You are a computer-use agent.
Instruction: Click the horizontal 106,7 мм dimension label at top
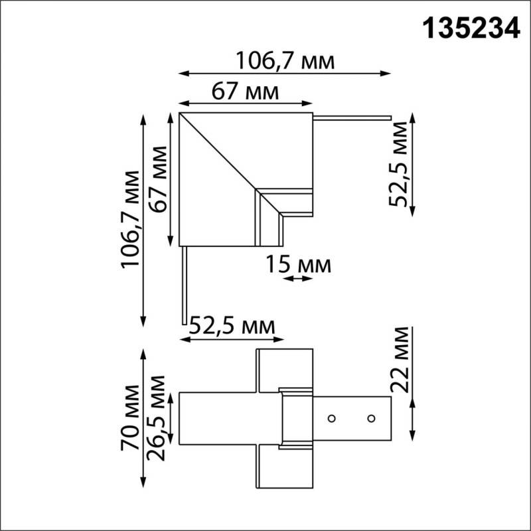tap(285, 61)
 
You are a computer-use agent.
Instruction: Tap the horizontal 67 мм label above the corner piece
tap(245, 91)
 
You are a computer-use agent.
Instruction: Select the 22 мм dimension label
tap(399, 360)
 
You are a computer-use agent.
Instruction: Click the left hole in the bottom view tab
tap(330, 418)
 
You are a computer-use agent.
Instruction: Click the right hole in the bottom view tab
tap(371, 418)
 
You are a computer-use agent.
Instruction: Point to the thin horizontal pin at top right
tap(352, 119)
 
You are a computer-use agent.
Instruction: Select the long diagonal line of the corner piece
tap(219, 153)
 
